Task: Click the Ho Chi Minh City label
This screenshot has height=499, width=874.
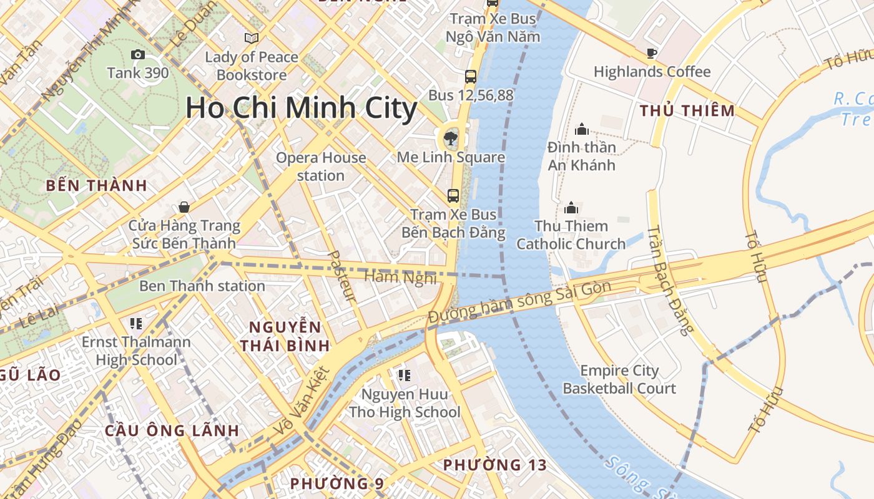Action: tap(301, 108)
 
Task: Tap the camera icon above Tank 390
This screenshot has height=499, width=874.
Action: tap(138, 55)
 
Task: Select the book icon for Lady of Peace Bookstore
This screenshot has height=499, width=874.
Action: tap(252, 39)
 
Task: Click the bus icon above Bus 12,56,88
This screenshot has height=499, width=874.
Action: tap(471, 77)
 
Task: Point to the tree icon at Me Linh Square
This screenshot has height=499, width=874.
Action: tap(450, 138)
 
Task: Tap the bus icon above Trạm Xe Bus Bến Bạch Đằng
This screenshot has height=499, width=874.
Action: tap(453, 196)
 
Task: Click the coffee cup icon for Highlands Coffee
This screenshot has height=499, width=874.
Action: tap(652, 53)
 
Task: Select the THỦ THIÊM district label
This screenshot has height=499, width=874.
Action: tap(687, 111)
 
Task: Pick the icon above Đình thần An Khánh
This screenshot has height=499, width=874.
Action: tap(582, 129)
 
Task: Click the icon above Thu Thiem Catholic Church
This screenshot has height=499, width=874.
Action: tap(571, 208)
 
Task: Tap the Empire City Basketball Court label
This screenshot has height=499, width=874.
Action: tap(619, 379)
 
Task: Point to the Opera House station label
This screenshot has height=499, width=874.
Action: tap(321, 167)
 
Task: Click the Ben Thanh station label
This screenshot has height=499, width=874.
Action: tap(202, 286)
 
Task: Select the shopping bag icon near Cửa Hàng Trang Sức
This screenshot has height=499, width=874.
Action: tap(184, 206)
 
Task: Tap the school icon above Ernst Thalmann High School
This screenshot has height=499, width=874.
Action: tap(136, 323)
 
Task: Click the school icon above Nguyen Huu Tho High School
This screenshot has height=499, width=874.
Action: tap(405, 375)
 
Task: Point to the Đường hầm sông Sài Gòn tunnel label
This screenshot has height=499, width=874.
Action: tap(519, 304)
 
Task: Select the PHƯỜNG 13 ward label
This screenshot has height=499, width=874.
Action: tap(494, 465)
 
